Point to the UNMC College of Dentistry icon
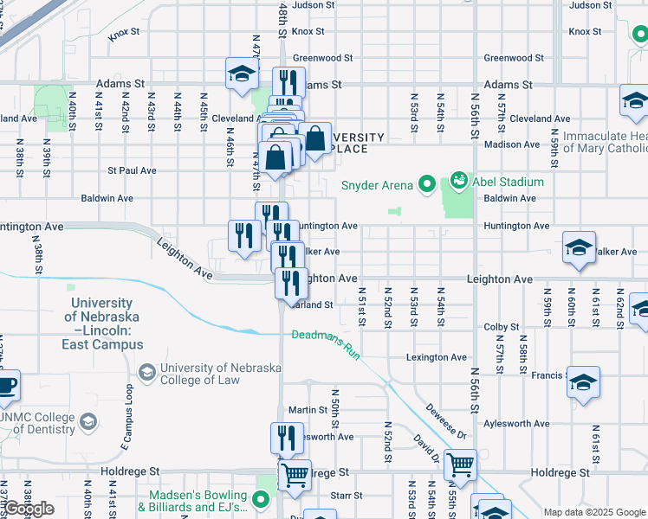pyautogui.click(x=88, y=421)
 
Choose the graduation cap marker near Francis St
pyautogui.click(x=584, y=382)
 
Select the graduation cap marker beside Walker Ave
pyautogui.click(x=579, y=248)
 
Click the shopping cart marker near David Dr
pyautogui.click(x=460, y=465)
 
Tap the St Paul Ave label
pyautogui.click(x=130, y=170)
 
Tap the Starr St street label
pyautogui.click(x=346, y=496)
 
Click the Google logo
pyautogui.click(x=29, y=509)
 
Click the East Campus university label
pyautogui.click(x=102, y=324)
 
